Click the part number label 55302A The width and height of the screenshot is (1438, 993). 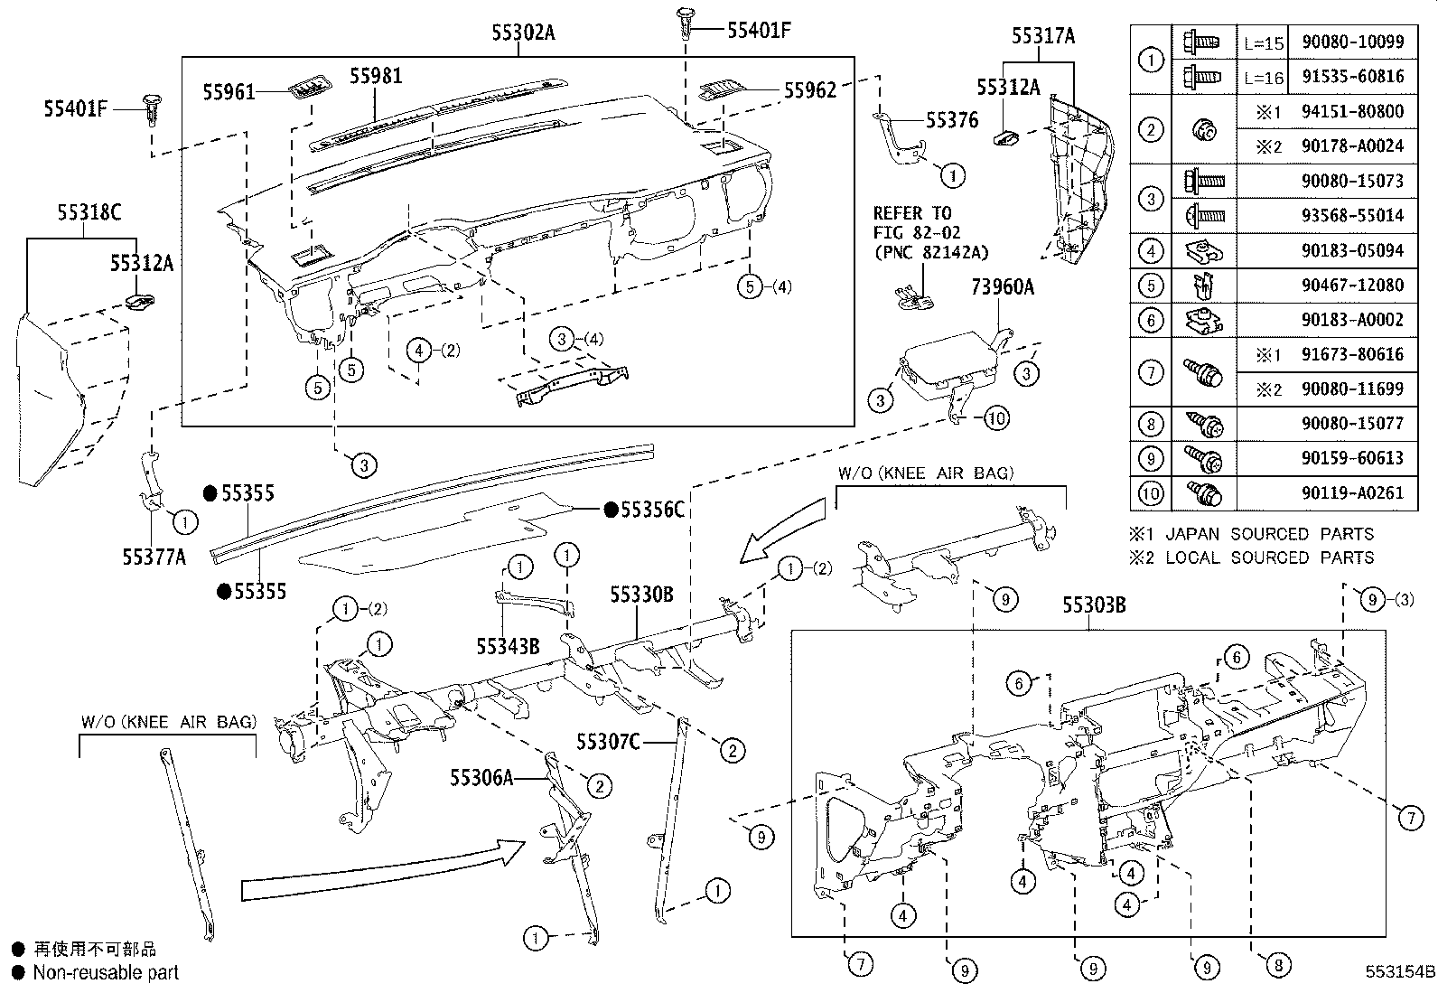[523, 33]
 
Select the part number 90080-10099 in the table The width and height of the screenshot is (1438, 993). [1352, 42]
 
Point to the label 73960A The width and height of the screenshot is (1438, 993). [1002, 287]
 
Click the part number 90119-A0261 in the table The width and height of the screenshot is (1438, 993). [1352, 492]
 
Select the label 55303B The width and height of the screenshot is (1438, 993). [1094, 605]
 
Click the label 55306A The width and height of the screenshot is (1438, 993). [481, 777]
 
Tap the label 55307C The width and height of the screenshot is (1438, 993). [609, 742]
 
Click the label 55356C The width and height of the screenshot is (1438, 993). [651, 511]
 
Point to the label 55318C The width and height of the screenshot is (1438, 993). [89, 213]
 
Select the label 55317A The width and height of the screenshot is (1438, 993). [1043, 36]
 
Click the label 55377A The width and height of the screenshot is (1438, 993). [154, 557]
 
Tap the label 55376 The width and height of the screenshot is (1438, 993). [951, 120]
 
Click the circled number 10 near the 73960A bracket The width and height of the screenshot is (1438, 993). [994, 417]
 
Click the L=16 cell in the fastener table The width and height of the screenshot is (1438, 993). [1263, 77]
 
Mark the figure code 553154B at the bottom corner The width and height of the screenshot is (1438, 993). [1399, 972]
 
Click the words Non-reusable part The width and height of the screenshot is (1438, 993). [106, 973]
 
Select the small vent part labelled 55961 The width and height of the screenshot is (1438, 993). [307, 88]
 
